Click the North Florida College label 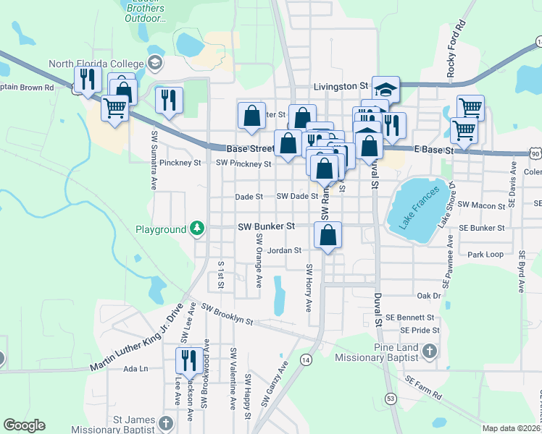point(96,63)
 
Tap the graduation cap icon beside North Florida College point(154,63)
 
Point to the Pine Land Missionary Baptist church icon point(430,352)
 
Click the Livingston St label point(341,86)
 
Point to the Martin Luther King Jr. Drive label point(135,342)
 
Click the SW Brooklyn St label point(228,315)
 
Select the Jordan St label point(284,251)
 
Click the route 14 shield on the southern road point(306,359)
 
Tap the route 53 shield point(391,398)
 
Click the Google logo point(24,425)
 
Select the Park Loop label point(485,255)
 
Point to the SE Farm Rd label point(423,388)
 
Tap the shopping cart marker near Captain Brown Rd point(115,108)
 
